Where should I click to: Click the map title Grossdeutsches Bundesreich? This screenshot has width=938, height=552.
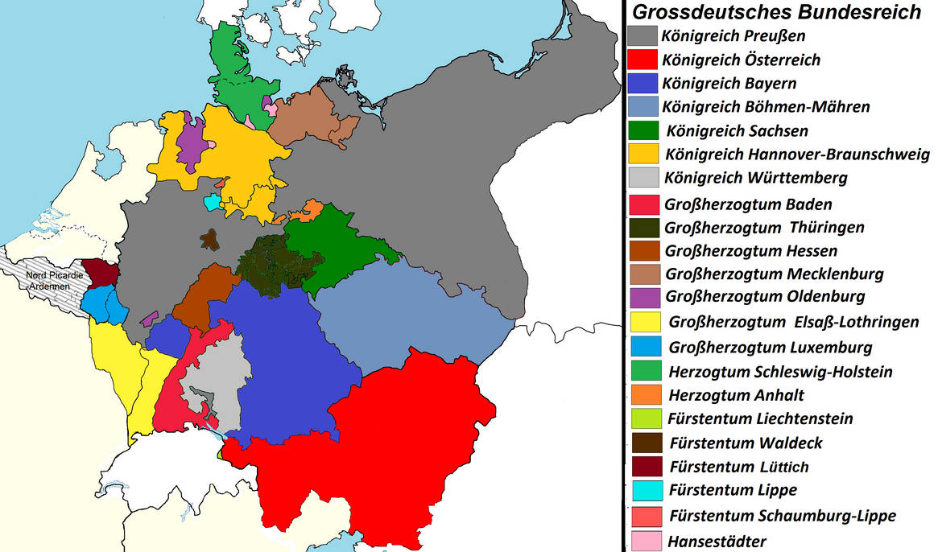(776, 12)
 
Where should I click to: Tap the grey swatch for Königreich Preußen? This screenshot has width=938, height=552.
(642, 36)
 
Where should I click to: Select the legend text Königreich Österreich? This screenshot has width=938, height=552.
(741, 60)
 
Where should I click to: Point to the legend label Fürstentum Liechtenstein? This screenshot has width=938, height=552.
(759, 418)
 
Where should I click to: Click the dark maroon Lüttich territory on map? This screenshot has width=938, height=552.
(101, 272)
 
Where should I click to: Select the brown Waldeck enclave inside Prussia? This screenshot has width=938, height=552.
(209, 238)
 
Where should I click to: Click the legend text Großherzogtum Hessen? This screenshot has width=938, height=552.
(751, 250)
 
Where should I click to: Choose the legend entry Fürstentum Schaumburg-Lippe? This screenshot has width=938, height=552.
(781, 516)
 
